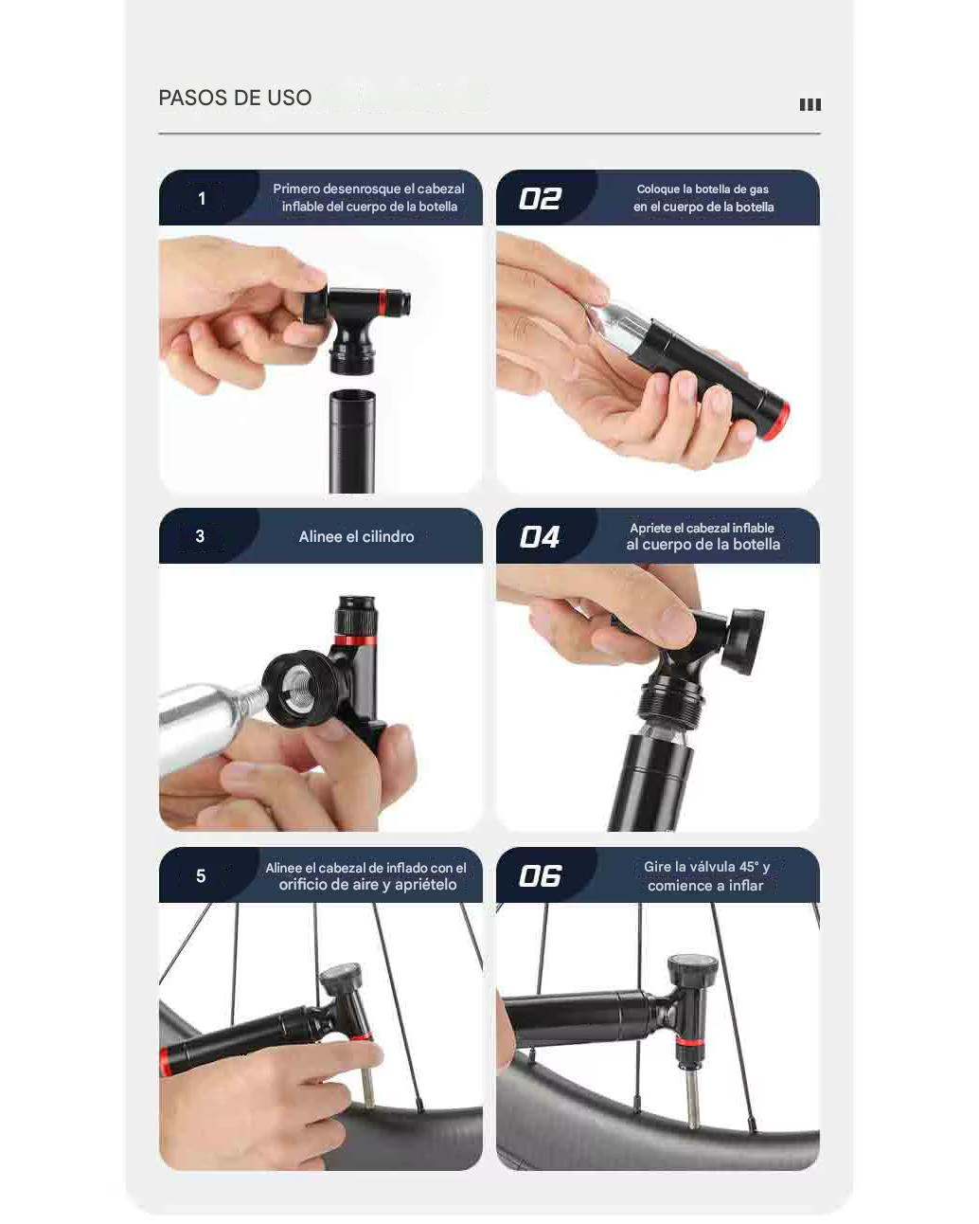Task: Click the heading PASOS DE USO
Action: pyautogui.click(x=235, y=98)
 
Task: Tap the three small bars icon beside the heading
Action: pyautogui.click(x=810, y=104)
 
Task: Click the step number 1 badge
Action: pyautogui.click(x=202, y=199)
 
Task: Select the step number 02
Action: pyautogui.click(x=540, y=199)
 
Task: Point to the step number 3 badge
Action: pyautogui.click(x=200, y=536)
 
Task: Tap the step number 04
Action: pyautogui.click(x=540, y=537)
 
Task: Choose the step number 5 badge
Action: pyautogui.click(x=201, y=876)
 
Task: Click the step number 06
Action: pyautogui.click(x=540, y=876)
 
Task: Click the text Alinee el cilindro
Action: pyautogui.click(x=356, y=536)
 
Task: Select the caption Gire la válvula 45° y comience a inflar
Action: pyautogui.click(x=706, y=876)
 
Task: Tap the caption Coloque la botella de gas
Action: pyautogui.click(x=703, y=189)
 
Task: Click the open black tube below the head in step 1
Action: pyautogui.click(x=351, y=441)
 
